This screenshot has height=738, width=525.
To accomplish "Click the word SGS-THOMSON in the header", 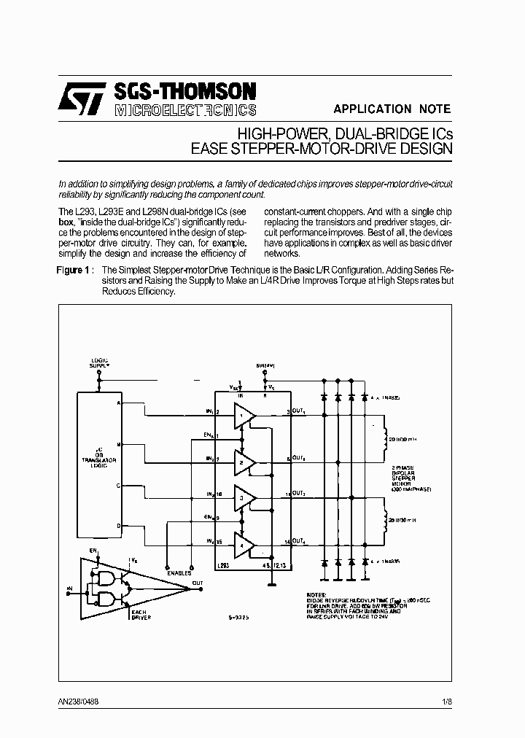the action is tap(184, 91).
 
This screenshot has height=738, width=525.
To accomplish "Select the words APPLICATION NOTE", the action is tap(392, 109).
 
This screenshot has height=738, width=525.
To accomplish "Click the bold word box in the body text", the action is tap(66, 222).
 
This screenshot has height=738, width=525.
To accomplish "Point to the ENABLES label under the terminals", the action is tap(178, 573).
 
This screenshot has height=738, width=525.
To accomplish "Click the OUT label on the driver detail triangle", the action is tap(198, 583).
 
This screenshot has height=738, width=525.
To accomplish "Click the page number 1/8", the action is tap(447, 701).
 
